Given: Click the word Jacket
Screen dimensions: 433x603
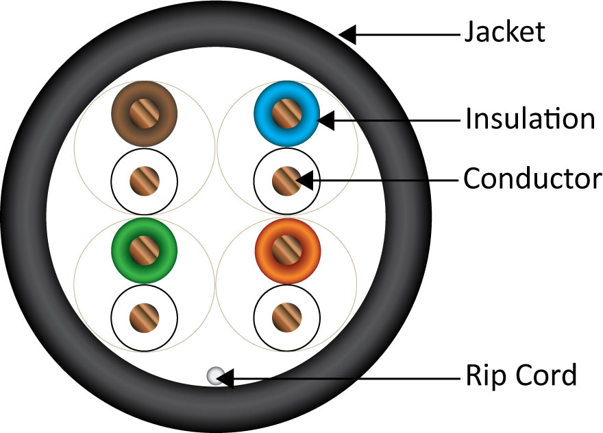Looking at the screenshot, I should pos(505,32).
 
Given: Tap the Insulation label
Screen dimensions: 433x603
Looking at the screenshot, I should pos(530,119).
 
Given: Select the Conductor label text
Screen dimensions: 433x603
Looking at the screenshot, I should pos(532,179).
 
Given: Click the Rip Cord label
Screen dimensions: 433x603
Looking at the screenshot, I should pos(521,375).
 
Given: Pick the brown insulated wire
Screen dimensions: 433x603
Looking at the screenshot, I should pos(145,113).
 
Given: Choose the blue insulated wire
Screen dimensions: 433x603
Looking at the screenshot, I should pos(286,113).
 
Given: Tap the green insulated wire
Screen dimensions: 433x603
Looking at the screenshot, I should pos(145,250).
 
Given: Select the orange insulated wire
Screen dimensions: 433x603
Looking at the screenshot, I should pos(286,250).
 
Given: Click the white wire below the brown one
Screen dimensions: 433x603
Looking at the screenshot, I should pos(145,180).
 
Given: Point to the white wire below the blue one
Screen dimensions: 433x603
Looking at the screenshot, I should pos(286,180).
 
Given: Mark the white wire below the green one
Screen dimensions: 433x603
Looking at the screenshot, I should pos(145,316).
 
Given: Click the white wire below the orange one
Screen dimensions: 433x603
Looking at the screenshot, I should pos(286,316).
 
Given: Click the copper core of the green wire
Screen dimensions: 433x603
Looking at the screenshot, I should pos(145,250).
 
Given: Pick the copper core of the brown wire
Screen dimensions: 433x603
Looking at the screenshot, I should pos(145,113).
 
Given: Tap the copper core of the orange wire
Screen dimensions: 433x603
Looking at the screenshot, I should pos(286,250).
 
